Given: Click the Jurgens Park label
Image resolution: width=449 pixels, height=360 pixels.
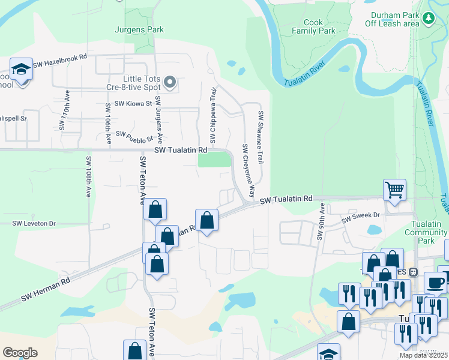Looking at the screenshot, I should [x=139, y=29].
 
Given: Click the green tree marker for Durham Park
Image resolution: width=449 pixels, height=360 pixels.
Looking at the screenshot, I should [x=428, y=19].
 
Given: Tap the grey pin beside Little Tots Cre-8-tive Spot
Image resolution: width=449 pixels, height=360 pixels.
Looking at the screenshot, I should [x=170, y=82].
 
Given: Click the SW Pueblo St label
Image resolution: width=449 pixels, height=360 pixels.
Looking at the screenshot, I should [x=131, y=137].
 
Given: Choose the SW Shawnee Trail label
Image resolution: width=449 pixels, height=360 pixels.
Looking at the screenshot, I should [x=261, y=137].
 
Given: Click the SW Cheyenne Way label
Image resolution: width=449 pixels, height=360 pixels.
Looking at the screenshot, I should [x=249, y=172].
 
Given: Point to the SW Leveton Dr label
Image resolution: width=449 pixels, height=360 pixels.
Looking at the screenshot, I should [x=34, y=223].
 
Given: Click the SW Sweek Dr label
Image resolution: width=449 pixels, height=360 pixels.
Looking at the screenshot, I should [x=361, y=217].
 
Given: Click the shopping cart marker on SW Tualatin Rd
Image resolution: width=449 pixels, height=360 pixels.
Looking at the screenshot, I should [x=395, y=190].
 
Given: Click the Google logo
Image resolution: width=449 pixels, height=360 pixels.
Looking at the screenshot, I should [x=20, y=353].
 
